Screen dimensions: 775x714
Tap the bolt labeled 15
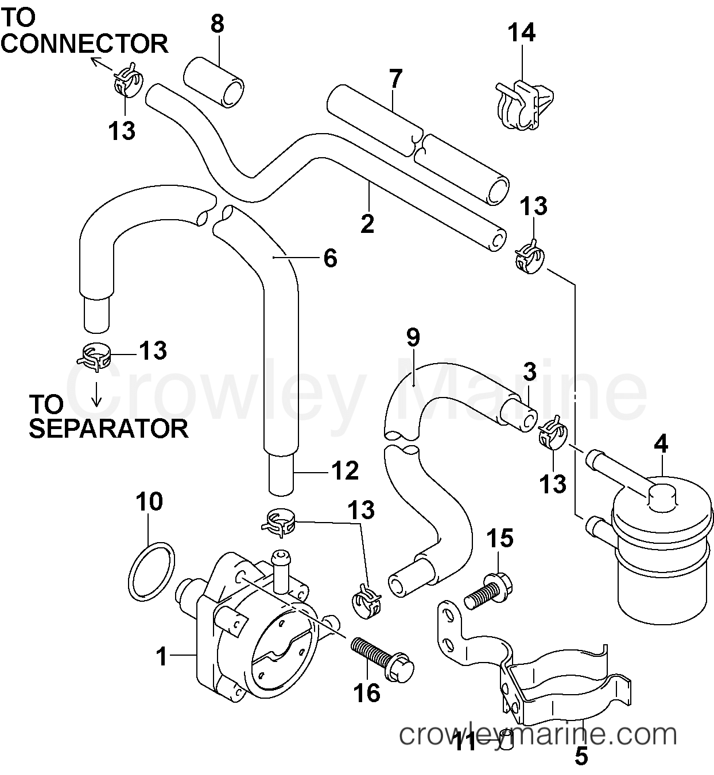[x=489, y=594]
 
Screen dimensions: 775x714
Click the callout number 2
[x=367, y=223]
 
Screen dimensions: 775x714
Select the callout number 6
[x=330, y=258]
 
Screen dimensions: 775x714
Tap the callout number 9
[x=413, y=338]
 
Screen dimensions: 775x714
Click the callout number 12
[x=344, y=471]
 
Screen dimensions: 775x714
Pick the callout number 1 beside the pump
[x=163, y=656]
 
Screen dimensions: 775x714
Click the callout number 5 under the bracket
[x=581, y=757]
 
